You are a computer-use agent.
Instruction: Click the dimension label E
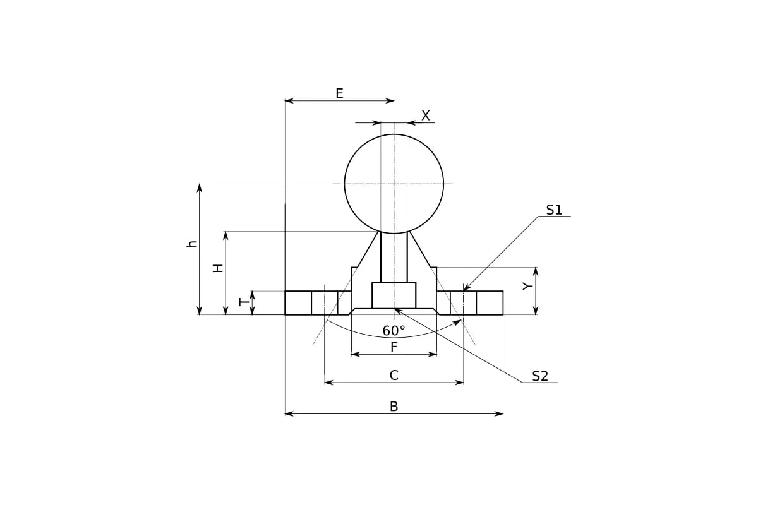339,93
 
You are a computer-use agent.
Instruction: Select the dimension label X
426,116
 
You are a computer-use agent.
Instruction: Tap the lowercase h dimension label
192,244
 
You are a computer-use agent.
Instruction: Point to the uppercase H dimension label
219,268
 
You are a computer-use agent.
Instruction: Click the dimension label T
244,302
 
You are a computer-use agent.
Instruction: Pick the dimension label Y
527,287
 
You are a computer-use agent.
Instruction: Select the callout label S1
554,210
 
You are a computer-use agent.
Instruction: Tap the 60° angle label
394,331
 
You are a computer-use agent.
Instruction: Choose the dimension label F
394,347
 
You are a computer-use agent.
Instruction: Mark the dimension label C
394,376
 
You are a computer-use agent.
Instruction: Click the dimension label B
394,407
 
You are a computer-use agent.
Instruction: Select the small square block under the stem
394,295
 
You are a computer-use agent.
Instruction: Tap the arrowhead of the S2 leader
398,311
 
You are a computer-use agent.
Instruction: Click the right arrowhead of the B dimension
499,413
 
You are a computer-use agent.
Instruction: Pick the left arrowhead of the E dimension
289,101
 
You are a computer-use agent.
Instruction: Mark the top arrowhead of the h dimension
200,188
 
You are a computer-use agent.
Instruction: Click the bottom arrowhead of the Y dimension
536,311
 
